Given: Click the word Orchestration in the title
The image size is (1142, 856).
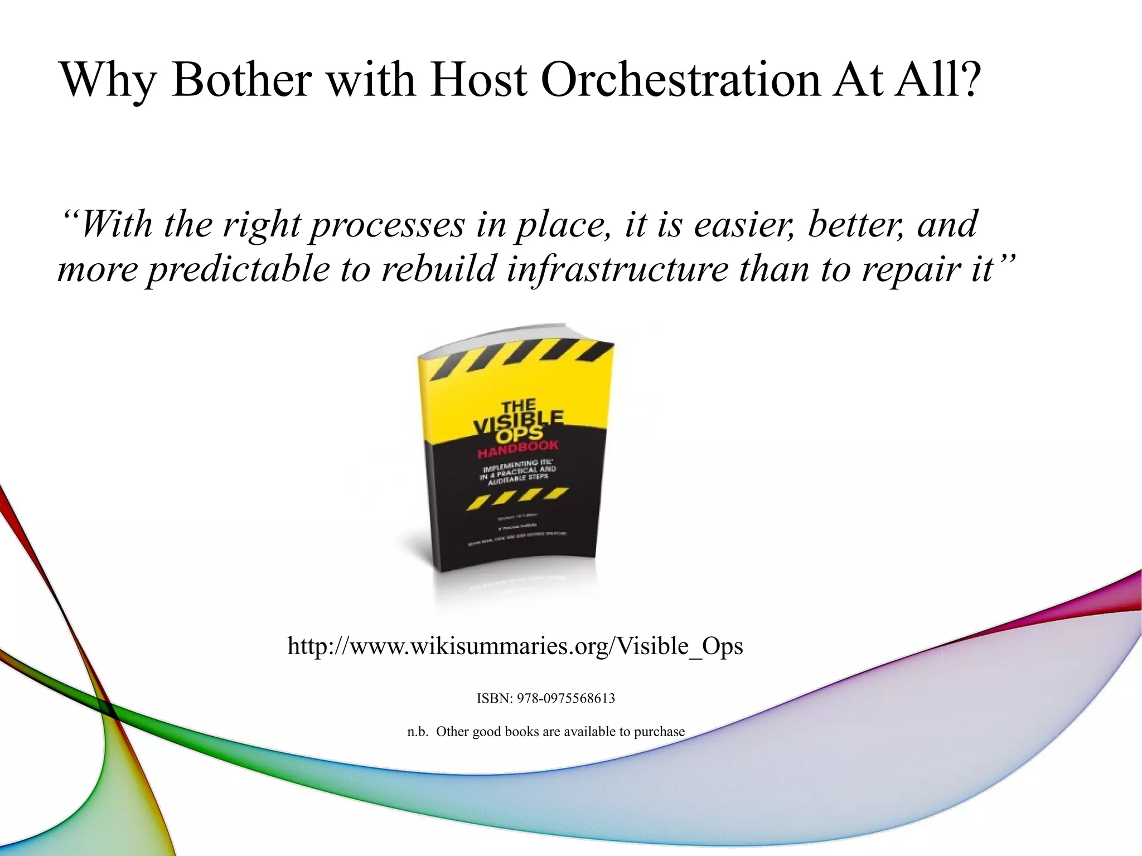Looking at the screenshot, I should click(x=681, y=79).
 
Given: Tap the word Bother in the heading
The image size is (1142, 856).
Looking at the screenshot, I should click(x=241, y=79).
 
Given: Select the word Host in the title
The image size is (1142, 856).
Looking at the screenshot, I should click(x=478, y=79).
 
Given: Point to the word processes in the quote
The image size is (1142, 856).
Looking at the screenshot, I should click(x=388, y=225).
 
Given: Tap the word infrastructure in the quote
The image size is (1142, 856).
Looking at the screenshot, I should click(x=617, y=269).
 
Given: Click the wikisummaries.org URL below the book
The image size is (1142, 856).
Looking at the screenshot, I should click(x=515, y=646).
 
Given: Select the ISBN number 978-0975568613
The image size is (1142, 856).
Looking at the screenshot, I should click(x=565, y=698).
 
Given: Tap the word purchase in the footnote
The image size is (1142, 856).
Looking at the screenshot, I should click(x=659, y=732).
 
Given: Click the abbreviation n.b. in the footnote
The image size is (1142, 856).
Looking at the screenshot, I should click(x=418, y=732).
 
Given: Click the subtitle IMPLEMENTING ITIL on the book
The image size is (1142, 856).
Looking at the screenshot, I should click(x=511, y=465).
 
